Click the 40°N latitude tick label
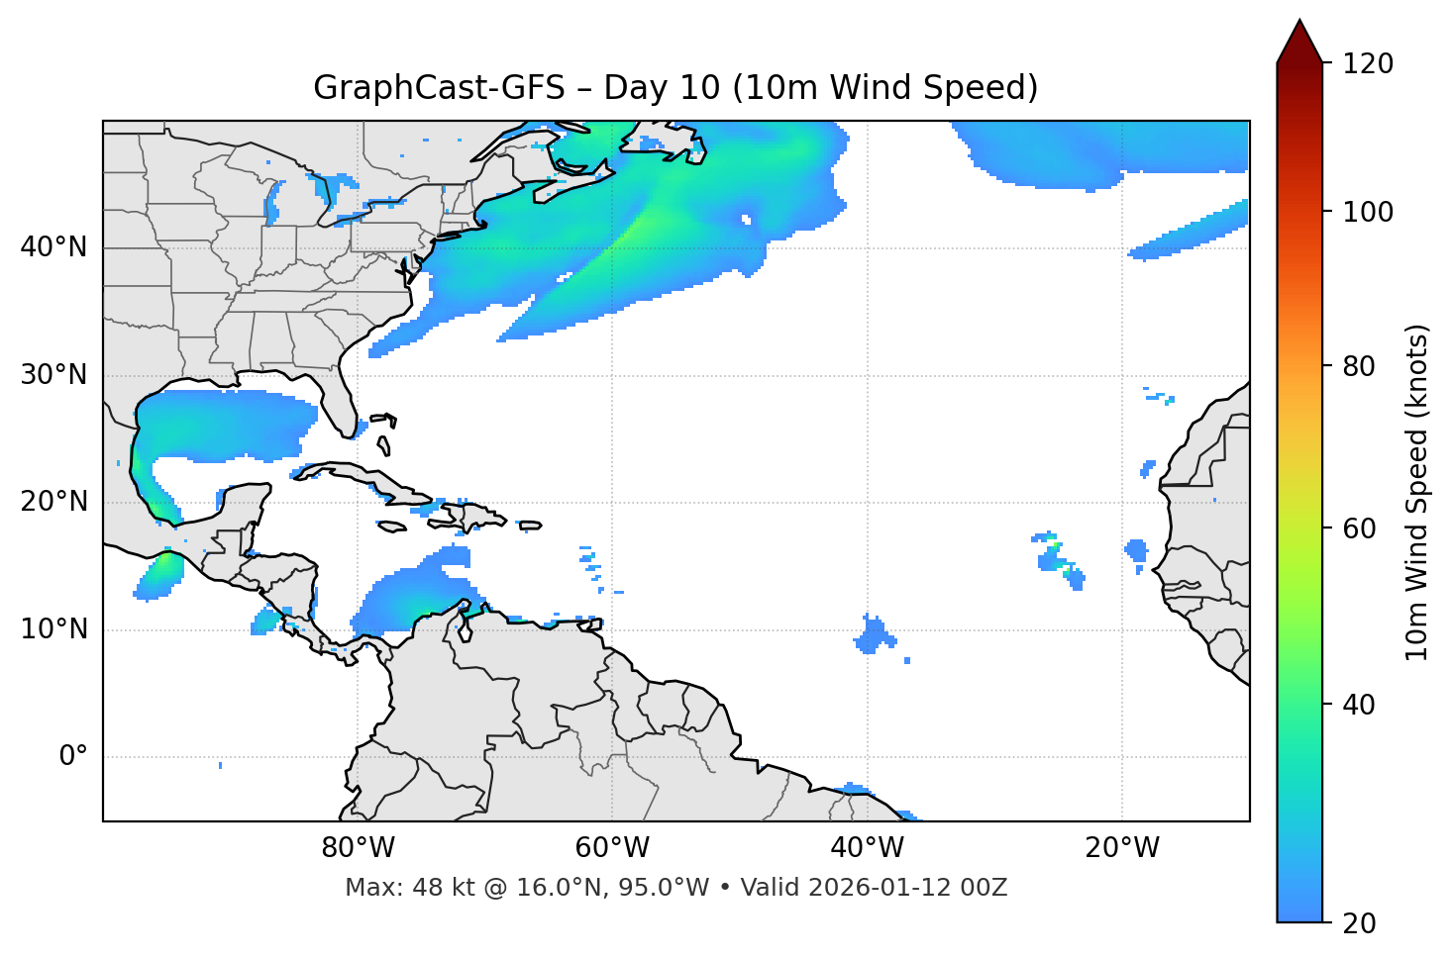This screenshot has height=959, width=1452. coord(53,247)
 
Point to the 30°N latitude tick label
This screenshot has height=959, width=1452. coord(53,375)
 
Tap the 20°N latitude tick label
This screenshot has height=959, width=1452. coord(53,502)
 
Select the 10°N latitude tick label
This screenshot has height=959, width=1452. coord(53,629)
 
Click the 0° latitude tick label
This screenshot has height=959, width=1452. coord(73,757)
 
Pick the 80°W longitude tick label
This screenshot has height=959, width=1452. coord(358,848)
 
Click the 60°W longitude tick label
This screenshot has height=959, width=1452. coord(612,848)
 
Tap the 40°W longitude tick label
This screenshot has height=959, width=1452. coord(867,848)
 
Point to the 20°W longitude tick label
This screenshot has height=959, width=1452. coord(1121,848)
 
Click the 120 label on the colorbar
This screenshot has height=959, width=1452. coord(1368,63)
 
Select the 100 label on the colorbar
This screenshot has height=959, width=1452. coord(1368,212)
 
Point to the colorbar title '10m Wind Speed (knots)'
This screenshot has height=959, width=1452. coord(1417,493)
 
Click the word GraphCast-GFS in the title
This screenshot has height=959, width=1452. coord(439,88)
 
